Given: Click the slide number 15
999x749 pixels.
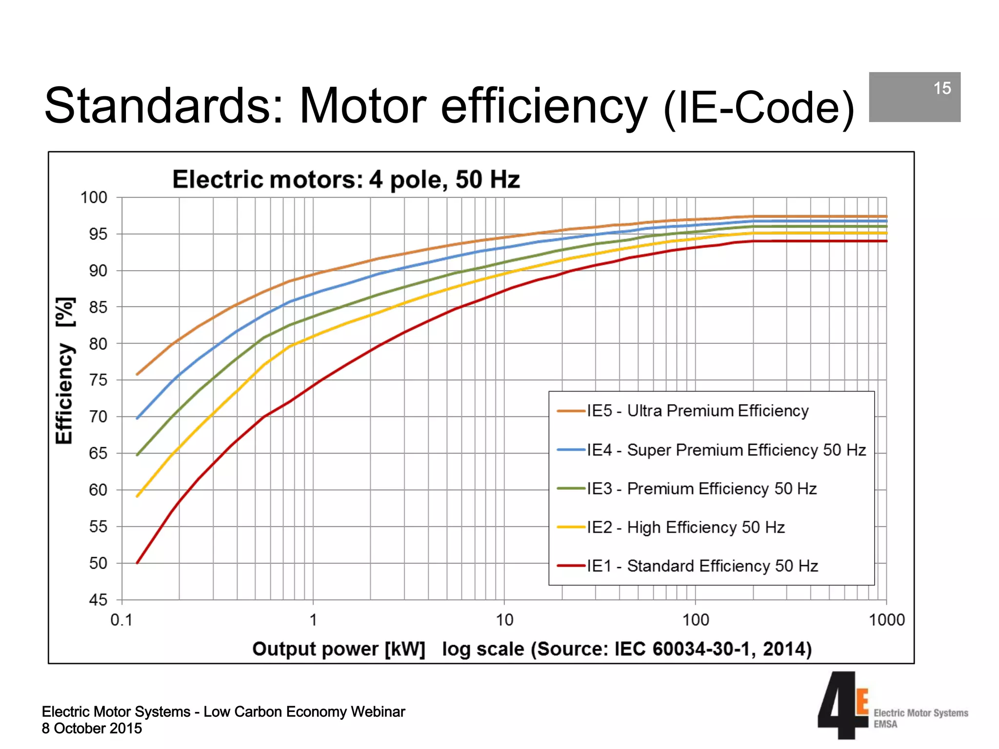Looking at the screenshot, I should tap(942, 88).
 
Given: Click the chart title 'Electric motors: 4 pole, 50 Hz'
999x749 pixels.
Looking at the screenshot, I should tap(346, 179).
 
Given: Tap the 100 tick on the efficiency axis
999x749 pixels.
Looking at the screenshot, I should tap(94, 197).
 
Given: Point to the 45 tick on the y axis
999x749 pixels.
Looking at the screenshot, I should tap(98, 600).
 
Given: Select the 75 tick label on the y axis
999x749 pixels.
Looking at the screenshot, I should tap(98, 380).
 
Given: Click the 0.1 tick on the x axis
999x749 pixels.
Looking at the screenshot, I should tap(121, 620).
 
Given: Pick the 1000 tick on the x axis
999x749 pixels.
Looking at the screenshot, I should tap(886, 620).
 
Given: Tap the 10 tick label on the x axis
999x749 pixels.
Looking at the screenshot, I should tap(504, 620).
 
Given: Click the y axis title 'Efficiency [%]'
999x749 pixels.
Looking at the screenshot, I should tap(65, 371).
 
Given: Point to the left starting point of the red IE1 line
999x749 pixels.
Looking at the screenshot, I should tap(138, 563).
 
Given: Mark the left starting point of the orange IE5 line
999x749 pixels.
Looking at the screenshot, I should tap(138, 374).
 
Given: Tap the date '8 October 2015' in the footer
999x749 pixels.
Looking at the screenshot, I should tap(92, 729).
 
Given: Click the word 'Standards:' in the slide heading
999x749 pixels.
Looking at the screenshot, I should tap(164, 106).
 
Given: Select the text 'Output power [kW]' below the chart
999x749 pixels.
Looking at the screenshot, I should tap(339, 649).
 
